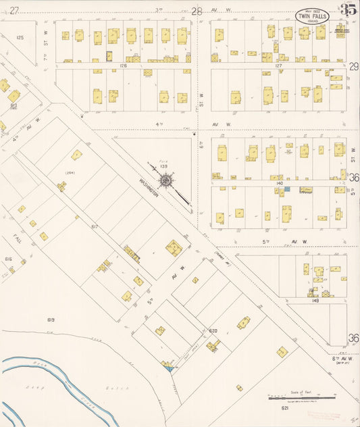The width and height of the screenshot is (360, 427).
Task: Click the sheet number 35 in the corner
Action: click(348, 9)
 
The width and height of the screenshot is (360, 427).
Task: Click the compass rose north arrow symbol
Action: click(165, 180)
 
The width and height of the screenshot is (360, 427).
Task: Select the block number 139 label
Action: click(164, 166)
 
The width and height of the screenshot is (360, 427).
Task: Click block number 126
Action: click(123, 66)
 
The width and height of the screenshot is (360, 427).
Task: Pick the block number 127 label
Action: click(278, 66)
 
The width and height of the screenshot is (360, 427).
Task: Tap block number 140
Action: click(278, 182)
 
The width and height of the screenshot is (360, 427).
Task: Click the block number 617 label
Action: click(95, 226)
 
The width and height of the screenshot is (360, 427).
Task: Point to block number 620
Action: click(213, 330)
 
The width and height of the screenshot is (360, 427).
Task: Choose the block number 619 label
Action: click(51, 319)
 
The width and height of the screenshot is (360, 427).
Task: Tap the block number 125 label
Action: click(20, 37)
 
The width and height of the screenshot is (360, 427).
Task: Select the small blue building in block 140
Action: click(287, 189)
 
